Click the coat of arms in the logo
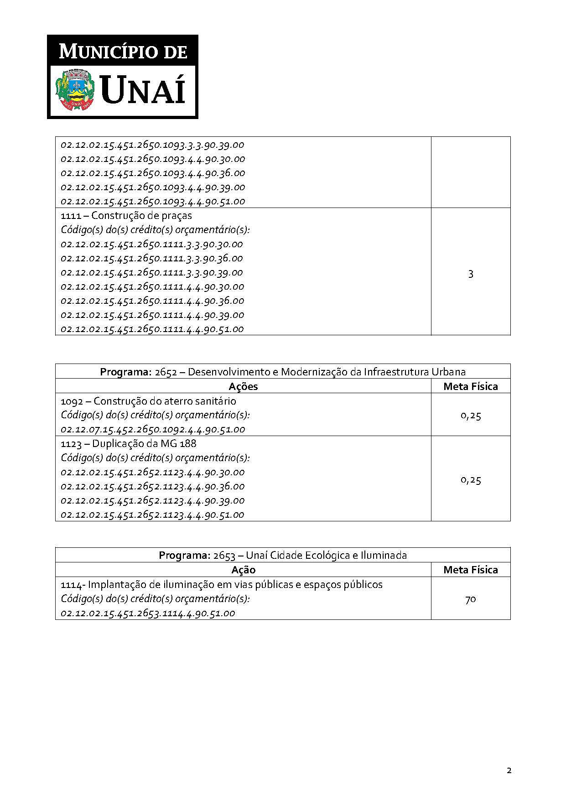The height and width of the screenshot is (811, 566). click(75, 89)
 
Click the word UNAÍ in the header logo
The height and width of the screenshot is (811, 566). click(143, 90)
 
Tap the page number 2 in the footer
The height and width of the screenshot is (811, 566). click(509, 771)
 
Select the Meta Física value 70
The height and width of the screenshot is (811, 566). click(471, 599)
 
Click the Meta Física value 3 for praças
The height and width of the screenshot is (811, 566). click(471, 274)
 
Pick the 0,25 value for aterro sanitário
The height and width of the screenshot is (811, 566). click(471, 416)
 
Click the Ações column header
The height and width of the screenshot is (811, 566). click(243, 386)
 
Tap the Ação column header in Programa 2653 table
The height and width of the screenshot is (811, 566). click(243, 570)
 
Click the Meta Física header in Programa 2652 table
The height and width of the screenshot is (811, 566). click(471, 386)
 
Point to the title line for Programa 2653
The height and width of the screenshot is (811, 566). click(283, 555)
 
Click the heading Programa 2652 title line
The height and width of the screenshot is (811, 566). click(283, 372)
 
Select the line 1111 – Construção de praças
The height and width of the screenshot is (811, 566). click(126, 215)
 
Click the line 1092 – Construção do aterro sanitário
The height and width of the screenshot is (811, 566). click(149, 401)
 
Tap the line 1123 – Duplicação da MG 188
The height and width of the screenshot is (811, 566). click(129, 443)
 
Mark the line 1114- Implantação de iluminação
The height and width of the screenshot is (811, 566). click(222, 584)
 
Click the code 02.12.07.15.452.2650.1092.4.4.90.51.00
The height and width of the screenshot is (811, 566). click(153, 429)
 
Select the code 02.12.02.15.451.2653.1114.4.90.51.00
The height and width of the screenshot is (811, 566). click(148, 613)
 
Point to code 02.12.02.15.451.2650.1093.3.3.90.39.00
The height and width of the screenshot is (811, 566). click(152, 145)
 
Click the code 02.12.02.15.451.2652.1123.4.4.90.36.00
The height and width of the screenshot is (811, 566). click(153, 486)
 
